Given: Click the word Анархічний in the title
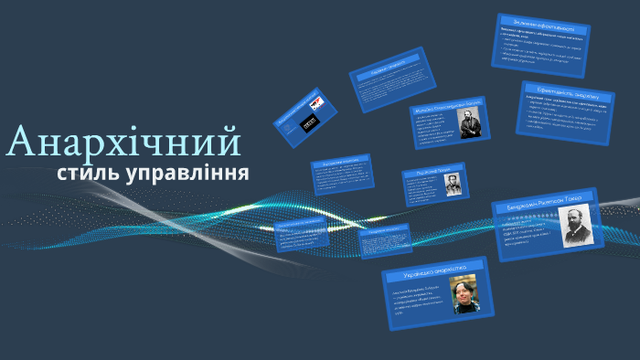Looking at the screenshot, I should click(123, 143).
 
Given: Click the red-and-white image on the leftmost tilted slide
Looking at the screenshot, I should click(316, 101).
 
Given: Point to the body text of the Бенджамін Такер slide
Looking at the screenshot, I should click(526, 233).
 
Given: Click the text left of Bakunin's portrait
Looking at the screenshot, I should click(435, 129).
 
